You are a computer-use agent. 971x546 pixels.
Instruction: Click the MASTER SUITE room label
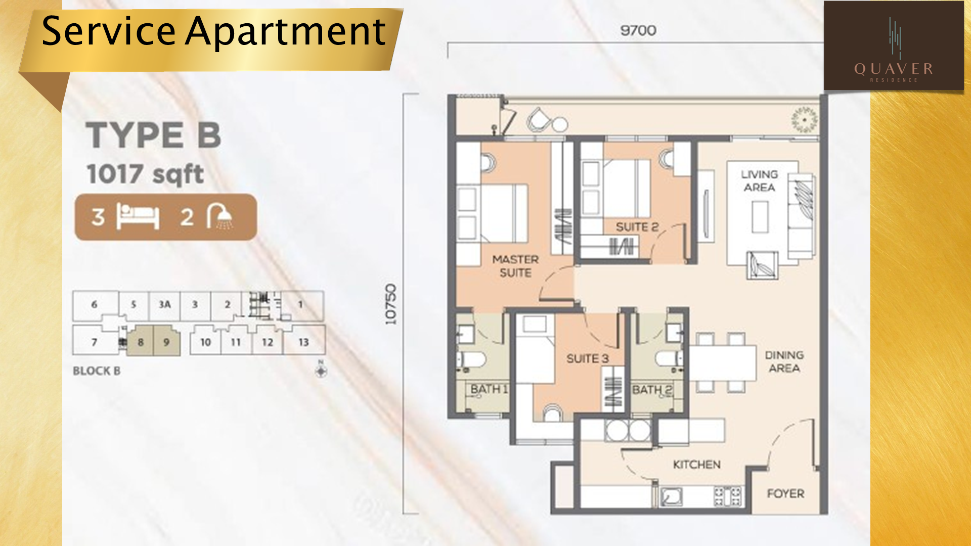515,266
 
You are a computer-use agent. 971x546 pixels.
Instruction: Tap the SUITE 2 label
637,227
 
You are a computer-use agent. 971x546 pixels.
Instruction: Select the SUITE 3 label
587,358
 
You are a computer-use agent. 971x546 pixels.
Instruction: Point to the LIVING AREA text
759,180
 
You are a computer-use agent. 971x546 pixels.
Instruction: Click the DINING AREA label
784,361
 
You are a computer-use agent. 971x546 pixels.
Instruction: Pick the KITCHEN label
696,464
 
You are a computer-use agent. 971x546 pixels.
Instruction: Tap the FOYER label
785,493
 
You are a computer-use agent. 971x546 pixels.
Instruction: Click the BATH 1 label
489,389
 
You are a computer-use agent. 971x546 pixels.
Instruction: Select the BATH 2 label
652,390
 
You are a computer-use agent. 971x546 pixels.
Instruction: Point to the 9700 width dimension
638,30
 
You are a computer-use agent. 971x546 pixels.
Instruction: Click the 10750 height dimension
390,304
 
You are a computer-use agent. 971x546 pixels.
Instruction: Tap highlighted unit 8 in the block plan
140,342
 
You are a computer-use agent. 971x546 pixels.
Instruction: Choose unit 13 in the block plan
304,342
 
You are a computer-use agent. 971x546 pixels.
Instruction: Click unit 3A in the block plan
165,304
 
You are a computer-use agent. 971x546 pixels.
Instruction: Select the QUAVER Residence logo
894,46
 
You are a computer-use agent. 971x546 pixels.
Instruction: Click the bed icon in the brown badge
138,216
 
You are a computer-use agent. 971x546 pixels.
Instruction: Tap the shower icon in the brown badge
219,216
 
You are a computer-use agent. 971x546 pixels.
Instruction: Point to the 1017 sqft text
145,174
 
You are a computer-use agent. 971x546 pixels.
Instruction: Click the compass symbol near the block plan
321,370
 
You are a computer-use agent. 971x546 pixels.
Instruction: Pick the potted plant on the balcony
805,120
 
